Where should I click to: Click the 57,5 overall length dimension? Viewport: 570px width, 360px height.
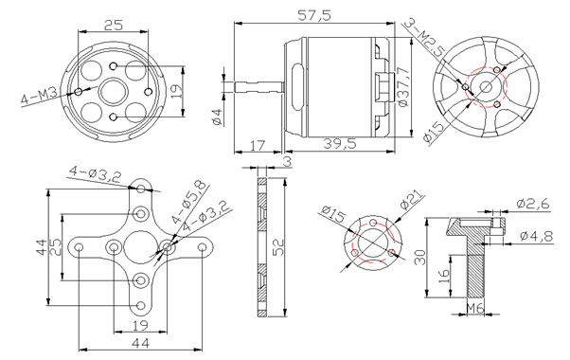314,15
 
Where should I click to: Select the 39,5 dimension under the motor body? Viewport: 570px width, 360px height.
340,144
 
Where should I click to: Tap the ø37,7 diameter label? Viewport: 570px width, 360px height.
403,87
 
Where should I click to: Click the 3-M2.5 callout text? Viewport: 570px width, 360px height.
423,36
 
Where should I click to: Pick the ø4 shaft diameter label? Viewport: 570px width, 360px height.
218,117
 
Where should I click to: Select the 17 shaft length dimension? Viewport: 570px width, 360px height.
258,146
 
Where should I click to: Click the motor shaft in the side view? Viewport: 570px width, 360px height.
258,87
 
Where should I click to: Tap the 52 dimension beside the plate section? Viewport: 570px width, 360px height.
277,247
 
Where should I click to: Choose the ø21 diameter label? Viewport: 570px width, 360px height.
412,199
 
